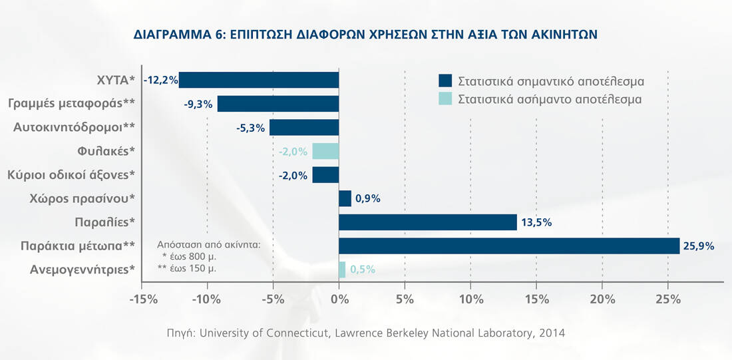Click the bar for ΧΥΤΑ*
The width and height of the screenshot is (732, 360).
[x=260, y=80]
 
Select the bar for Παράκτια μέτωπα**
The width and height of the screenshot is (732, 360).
[x=509, y=246]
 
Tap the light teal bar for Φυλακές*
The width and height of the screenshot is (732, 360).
[x=325, y=151]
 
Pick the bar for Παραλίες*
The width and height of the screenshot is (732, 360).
[x=428, y=222]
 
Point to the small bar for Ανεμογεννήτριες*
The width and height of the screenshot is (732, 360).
[x=342, y=270]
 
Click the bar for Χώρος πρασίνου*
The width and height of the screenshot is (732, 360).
[x=345, y=198]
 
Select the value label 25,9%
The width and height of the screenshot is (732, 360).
[x=698, y=246]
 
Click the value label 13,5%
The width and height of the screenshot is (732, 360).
[x=536, y=222]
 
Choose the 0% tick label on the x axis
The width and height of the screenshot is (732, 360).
[x=339, y=299]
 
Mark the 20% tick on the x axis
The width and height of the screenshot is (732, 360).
[x=602, y=299]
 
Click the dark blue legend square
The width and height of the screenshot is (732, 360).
[x=445, y=81]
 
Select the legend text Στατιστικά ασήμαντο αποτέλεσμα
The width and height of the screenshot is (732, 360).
[x=550, y=99]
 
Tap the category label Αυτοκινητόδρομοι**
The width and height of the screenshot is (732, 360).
[x=75, y=127]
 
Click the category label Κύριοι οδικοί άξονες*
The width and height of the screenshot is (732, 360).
[x=72, y=175]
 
